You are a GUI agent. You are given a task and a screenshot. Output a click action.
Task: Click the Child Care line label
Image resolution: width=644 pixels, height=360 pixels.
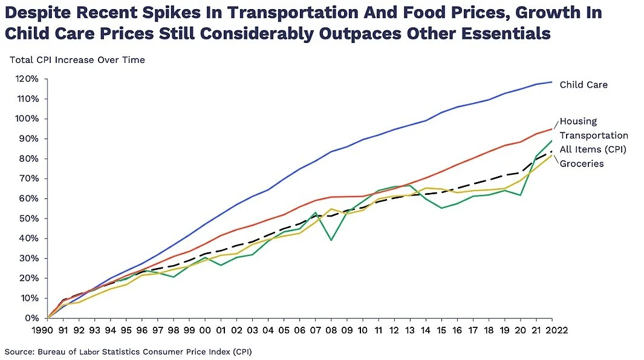pos(584,85)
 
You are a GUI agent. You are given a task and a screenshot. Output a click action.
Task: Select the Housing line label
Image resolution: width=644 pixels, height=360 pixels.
pos(579,121)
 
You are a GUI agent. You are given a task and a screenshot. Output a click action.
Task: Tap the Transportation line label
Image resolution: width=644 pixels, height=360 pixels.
pos(594,136)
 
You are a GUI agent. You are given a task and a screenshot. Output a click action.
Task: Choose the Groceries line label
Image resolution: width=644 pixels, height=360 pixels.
pos(582,163)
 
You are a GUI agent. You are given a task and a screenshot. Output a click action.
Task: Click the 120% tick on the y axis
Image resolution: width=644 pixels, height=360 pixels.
pos(27,79)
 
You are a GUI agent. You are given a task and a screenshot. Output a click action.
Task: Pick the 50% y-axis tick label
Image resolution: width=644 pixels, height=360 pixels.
pos(29,218)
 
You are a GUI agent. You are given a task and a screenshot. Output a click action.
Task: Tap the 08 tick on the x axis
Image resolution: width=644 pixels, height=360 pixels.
pos(331,330)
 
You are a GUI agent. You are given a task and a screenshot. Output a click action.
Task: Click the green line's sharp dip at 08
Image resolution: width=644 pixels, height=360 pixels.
pos(331,240)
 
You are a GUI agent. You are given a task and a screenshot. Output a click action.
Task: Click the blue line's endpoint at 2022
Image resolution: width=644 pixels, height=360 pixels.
pos(551,82)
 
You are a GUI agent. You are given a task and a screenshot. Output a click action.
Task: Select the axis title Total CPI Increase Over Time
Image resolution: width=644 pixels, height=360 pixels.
pos(77,60)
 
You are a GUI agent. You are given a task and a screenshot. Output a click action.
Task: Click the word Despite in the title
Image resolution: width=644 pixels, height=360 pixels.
pos(34,12)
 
